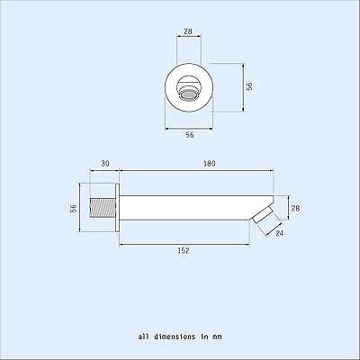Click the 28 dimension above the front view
[x=188, y=31]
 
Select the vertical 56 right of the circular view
[x=250, y=86]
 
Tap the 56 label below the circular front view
[x=189, y=134]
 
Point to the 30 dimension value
[x=104, y=164]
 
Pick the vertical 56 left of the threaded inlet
[x=74, y=208]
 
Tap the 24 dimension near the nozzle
[x=280, y=234]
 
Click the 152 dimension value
[x=183, y=251]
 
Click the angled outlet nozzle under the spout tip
[x=262, y=216]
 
